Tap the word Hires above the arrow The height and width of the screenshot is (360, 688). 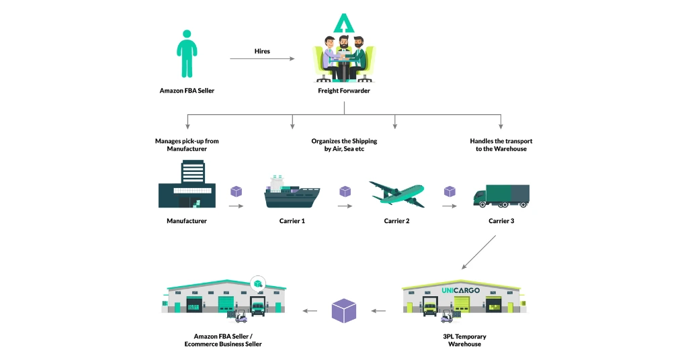262,51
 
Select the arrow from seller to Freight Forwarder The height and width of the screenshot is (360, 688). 262,59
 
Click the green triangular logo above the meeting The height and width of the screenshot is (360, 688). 343,24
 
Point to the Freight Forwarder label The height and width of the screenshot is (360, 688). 344,91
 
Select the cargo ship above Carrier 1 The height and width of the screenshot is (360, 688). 292,191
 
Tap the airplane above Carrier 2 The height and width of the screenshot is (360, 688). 397,193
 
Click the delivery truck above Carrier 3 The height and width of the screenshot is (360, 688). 501,195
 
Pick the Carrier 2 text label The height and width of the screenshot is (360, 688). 397,221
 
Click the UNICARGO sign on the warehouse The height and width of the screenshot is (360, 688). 461,290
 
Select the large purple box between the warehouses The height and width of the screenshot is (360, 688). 344,310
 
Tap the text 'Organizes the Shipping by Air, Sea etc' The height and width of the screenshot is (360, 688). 344,144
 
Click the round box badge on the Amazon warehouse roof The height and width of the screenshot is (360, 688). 257,284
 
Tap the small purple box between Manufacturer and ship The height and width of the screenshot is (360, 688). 236,191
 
